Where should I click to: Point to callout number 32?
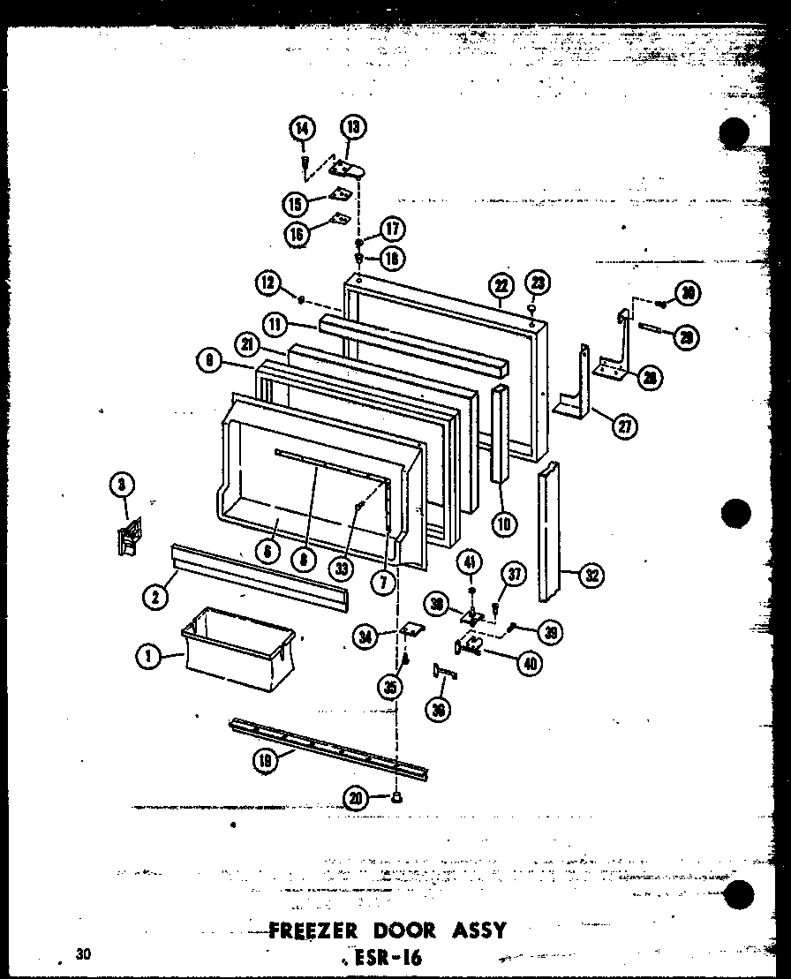(x=591, y=576)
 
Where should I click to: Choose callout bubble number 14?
(x=302, y=130)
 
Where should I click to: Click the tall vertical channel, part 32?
(x=549, y=530)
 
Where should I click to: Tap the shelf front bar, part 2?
(x=260, y=575)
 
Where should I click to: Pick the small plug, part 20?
(x=397, y=798)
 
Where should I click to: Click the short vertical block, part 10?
(x=501, y=433)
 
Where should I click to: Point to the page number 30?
(x=84, y=953)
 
